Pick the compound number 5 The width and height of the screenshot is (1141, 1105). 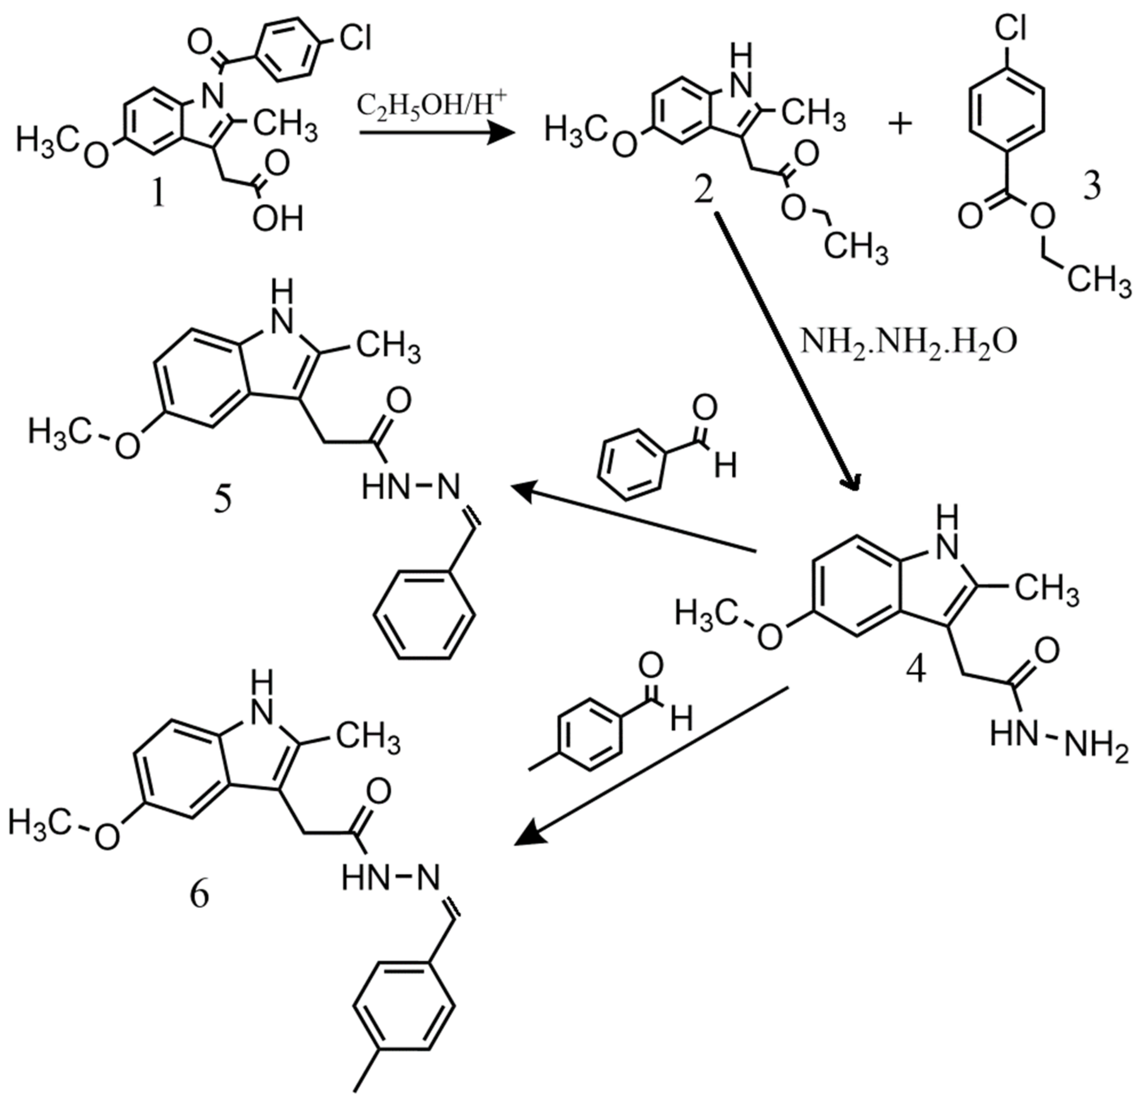(x=223, y=499)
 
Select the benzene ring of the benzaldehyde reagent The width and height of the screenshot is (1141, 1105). (x=630, y=464)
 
